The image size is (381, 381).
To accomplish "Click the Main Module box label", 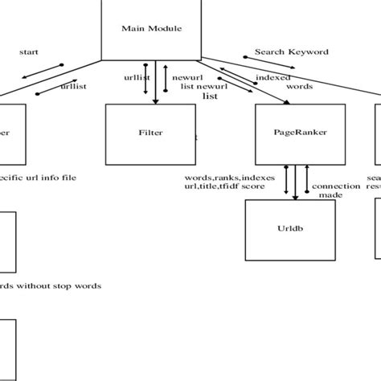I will (x=152, y=30).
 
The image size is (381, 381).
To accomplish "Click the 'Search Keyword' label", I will (x=291, y=51).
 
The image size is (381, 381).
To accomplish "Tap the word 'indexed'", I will (x=272, y=77).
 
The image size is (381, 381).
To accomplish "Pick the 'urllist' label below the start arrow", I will (x=74, y=85).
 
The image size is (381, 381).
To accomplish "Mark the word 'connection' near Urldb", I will (x=335, y=186).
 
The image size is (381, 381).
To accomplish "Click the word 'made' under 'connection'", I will (x=330, y=195).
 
